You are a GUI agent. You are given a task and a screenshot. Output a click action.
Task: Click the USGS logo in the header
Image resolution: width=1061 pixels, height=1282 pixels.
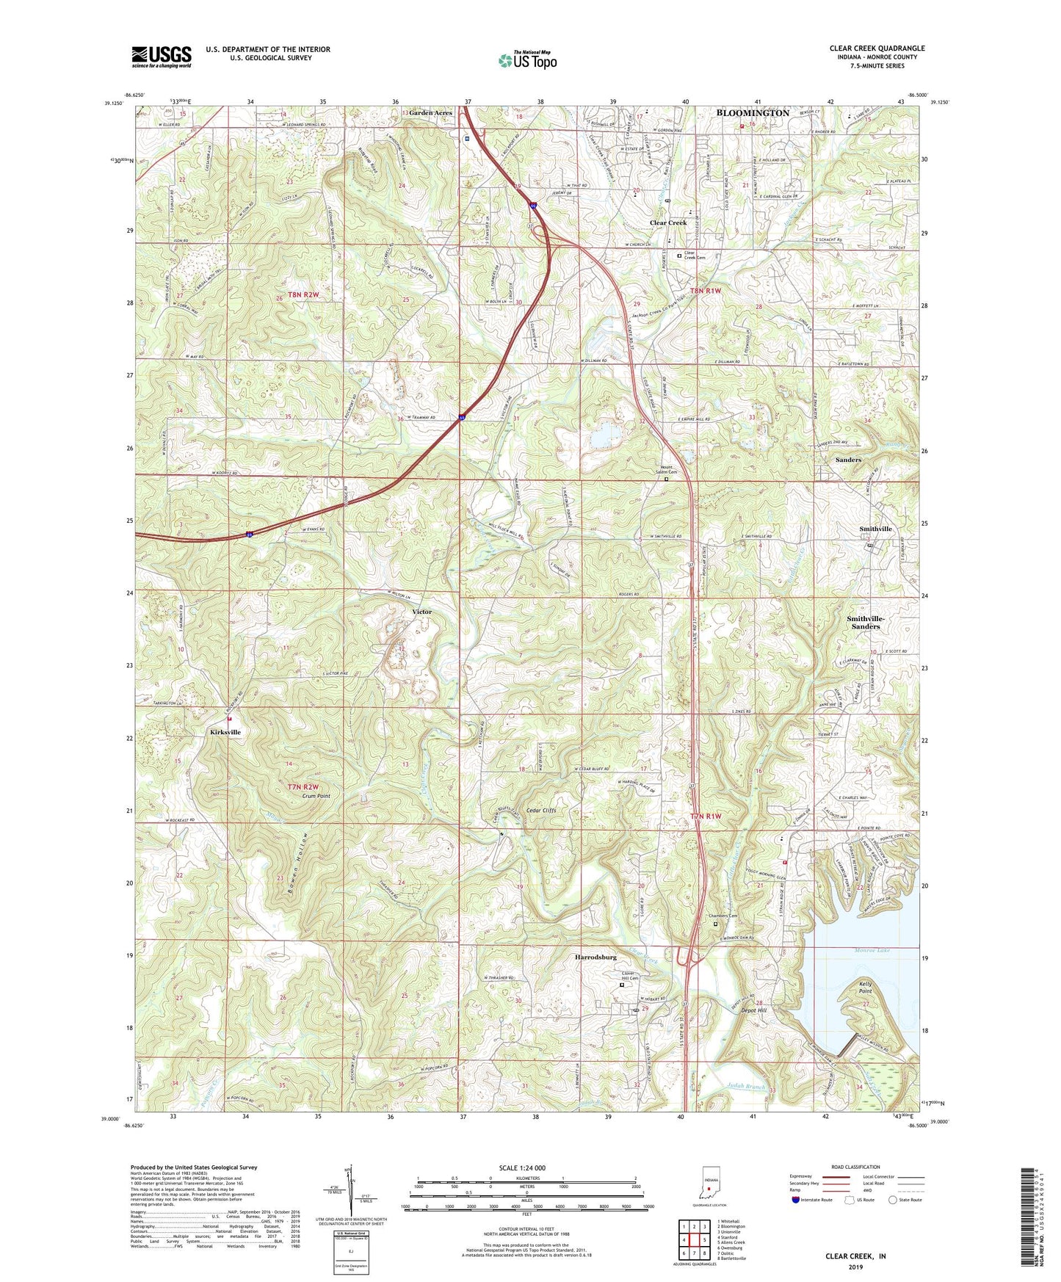coord(162,56)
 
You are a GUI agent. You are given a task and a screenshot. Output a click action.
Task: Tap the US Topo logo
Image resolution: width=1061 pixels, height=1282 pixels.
coord(527,60)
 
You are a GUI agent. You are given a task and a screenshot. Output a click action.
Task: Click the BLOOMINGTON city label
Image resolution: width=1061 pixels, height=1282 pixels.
coord(753,113)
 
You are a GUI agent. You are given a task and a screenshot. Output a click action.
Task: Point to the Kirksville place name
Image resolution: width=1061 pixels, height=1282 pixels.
coord(225,732)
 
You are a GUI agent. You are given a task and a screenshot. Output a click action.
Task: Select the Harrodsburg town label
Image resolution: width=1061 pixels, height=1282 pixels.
coord(595,957)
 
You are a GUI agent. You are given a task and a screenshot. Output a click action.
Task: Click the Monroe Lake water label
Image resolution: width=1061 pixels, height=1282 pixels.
coord(872,950)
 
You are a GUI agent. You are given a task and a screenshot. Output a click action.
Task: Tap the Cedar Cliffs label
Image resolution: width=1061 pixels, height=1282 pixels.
coord(541,811)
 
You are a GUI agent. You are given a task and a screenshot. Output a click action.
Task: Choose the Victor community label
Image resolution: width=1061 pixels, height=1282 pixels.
coord(421,612)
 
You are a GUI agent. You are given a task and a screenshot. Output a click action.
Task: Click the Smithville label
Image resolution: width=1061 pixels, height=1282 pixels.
coord(875,529)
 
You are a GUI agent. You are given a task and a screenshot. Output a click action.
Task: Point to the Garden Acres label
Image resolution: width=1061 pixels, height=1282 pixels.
coord(430,113)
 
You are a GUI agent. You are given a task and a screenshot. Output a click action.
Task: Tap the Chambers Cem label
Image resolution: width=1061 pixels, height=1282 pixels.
coord(723,916)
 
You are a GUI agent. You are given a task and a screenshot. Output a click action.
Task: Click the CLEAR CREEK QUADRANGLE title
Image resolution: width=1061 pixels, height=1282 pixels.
coord(877,48)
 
